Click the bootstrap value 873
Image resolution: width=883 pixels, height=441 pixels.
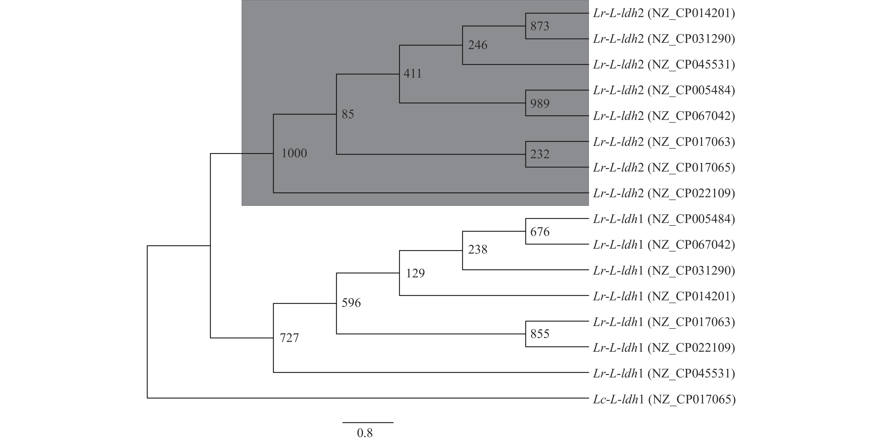pyautogui.click(x=540, y=26)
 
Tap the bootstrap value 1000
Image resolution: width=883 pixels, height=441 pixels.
pyautogui.click(x=294, y=153)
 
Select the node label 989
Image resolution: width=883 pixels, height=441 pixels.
pyautogui.click(x=540, y=103)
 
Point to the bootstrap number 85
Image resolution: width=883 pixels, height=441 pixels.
pyautogui.click(x=348, y=114)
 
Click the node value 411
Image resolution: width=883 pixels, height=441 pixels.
pyautogui.click(x=412, y=73)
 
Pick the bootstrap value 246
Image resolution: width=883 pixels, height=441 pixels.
pyautogui.click(x=477, y=45)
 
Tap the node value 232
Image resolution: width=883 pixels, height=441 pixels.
pyautogui.click(x=540, y=154)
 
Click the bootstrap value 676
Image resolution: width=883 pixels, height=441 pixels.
pyautogui.click(x=540, y=232)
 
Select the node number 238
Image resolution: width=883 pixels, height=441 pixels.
pyautogui.click(x=477, y=249)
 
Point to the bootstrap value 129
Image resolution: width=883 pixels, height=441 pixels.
pyautogui.click(x=415, y=273)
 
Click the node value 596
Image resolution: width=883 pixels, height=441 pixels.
pyautogui.click(x=351, y=303)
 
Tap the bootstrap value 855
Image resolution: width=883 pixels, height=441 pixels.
pyautogui.click(x=540, y=334)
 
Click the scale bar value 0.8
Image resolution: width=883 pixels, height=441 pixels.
pyautogui.click(x=364, y=433)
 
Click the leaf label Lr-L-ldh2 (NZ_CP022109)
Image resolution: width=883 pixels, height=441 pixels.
pyautogui.click(x=664, y=194)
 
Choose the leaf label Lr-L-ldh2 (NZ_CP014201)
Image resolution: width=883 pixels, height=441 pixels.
pyautogui.click(x=664, y=13)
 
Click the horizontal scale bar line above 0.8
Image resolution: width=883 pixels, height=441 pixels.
pyautogui.click(x=368, y=423)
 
